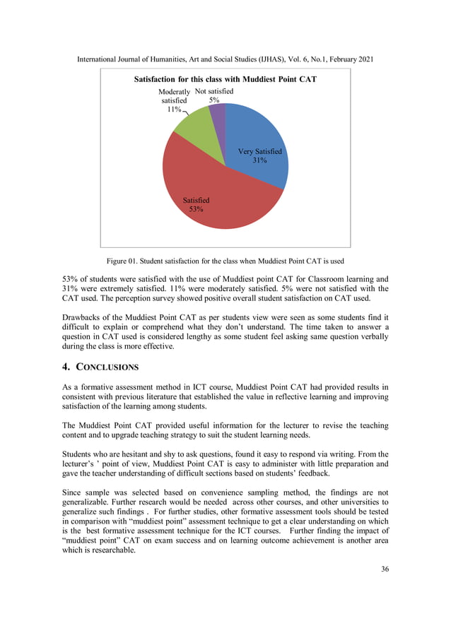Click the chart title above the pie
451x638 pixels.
click(x=225, y=80)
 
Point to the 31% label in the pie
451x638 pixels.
click(x=259, y=161)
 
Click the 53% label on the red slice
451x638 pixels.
click(x=196, y=210)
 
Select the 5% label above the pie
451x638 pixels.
click(x=213, y=100)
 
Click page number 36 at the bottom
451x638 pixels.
click(x=384, y=570)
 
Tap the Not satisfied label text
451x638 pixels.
click(x=213, y=92)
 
